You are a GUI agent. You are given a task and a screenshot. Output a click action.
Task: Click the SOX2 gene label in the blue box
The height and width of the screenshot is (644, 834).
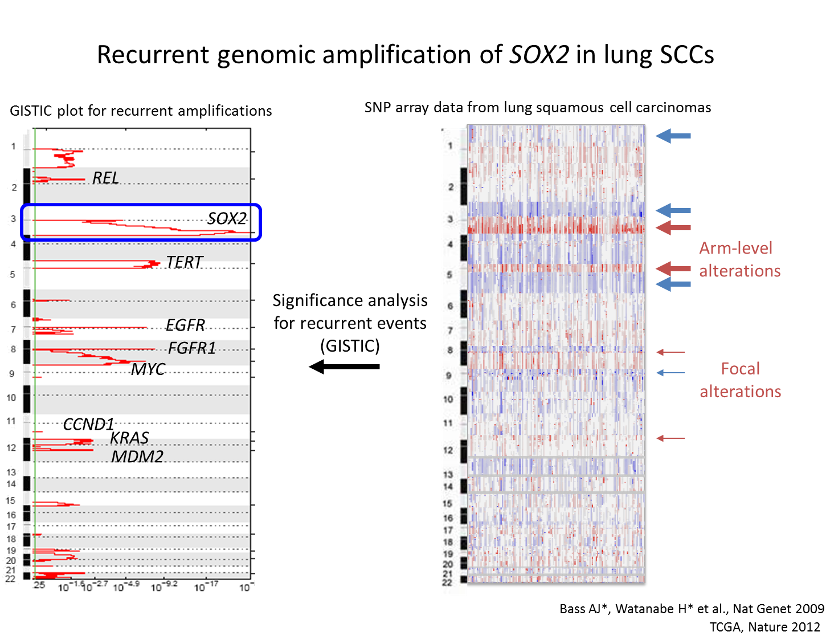click(x=227, y=218)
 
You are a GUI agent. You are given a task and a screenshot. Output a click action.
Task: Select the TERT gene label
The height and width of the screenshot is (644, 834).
click(x=184, y=262)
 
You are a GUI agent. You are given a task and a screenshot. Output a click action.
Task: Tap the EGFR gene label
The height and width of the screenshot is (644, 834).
click(x=185, y=325)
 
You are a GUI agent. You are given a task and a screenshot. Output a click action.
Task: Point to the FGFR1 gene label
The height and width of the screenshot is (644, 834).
click(x=192, y=348)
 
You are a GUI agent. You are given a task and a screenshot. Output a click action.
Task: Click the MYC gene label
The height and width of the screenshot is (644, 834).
click(x=148, y=369)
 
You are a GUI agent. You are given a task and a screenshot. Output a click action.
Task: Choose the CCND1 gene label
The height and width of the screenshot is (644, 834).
click(x=88, y=424)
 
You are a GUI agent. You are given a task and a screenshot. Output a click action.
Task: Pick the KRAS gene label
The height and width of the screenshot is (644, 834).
click(x=129, y=438)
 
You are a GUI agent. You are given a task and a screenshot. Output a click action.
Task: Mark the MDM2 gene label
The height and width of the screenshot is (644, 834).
click(x=137, y=456)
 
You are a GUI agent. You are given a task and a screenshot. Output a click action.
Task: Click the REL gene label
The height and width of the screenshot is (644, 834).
click(x=105, y=178)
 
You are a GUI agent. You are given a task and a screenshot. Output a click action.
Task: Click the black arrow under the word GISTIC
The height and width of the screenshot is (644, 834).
click(x=344, y=366)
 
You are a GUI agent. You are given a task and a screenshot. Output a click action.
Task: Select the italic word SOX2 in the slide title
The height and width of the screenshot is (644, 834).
click(x=539, y=55)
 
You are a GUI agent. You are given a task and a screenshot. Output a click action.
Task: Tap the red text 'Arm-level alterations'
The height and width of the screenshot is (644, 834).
click(x=739, y=259)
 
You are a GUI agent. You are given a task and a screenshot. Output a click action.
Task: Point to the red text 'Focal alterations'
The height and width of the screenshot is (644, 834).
click(x=740, y=380)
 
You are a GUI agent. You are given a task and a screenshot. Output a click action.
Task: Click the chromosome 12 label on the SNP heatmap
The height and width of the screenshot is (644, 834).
click(x=448, y=450)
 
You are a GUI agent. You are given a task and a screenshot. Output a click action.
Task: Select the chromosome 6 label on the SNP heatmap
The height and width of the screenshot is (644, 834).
click(x=449, y=306)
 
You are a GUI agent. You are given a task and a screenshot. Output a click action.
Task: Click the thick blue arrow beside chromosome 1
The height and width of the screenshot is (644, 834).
click(x=673, y=136)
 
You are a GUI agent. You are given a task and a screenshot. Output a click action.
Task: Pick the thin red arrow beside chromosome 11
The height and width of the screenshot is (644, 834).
click(x=671, y=438)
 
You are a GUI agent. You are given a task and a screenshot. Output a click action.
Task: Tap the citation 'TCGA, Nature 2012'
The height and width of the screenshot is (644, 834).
click(x=764, y=627)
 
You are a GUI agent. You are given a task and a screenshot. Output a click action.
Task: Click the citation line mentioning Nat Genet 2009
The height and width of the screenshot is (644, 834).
click(x=692, y=609)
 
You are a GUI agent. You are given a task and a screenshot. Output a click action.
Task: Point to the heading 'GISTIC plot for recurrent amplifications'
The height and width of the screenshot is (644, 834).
click(x=141, y=111)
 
